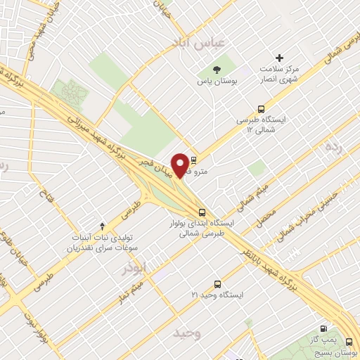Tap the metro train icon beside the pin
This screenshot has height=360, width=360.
[x=194, y=159]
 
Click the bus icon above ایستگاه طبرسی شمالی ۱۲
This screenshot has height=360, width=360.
[x=262, y=109]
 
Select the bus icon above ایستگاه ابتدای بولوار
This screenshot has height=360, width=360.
[x=202, y=212]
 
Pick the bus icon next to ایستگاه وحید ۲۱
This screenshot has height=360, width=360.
[x=217, y=284]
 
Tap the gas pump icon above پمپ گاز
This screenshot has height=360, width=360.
[x=323, y=328]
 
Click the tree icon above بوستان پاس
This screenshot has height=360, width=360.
[x=215, y=70]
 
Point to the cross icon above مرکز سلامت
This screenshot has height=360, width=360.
[x=279, y=58]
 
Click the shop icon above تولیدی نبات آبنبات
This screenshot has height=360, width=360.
[x=103, y=226]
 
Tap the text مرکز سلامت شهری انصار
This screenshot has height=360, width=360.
[x=279, y=74]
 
